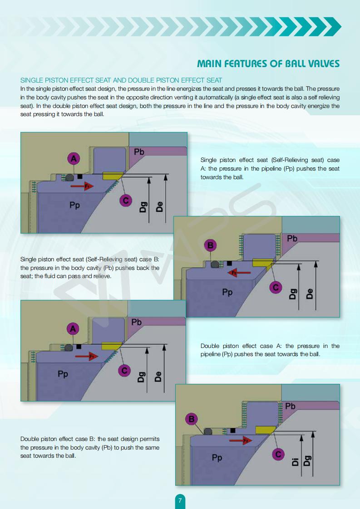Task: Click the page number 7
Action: click(180, 501)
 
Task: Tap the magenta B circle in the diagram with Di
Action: click(192, 419)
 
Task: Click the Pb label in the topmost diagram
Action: click(139, 152)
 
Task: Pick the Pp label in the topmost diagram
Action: click(75, 206)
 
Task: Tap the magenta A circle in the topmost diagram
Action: click(74, 158)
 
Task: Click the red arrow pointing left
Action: click(239, 273)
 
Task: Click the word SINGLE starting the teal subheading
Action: click(32, 80)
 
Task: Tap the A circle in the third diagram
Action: click(73, 328)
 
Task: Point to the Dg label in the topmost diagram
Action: click(142, 207)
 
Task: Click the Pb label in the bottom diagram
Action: click(290, 406)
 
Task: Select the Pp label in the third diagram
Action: click(63, 374)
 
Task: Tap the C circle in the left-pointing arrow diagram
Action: click(275, 287)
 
